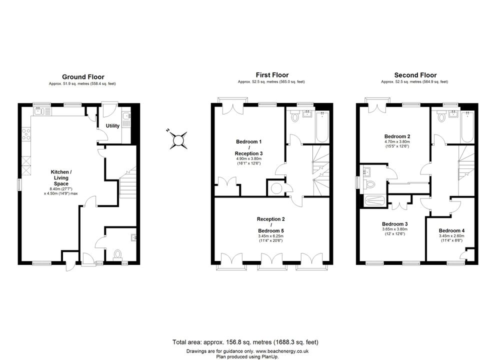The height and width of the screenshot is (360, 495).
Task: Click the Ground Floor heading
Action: click(x=83, y=76)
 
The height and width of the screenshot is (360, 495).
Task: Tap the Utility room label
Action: click(x=112, y=125)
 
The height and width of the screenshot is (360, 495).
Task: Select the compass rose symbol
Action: click(x=178, y=139)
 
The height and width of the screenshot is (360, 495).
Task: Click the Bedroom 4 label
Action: click(x=451, y=230)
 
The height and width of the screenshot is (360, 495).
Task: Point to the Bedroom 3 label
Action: click(x=394, y=224)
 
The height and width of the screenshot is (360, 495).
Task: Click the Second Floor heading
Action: click(x=415, y=75)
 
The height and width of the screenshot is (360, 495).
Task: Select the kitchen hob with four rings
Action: click(x=26, y=135)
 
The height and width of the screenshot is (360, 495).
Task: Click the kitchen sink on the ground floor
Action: click(x=42, y=111)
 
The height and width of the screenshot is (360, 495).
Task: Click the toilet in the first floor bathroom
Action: click(x=295, y=116)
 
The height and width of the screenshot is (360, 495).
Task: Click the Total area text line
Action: click(x=245, y=342)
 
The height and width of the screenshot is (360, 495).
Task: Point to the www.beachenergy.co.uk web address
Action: click(x=282, y=351)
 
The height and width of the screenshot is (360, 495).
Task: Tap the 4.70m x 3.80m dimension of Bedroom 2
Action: click(x=397, y=142)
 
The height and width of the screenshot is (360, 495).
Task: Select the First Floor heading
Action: click(x=272, y=75)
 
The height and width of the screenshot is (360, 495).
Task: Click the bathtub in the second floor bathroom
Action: click(x=467, y=127)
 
